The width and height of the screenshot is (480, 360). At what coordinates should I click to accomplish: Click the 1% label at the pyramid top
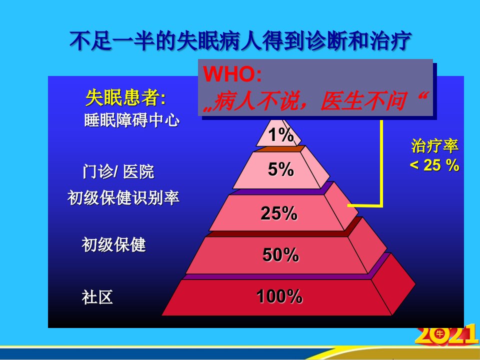click(x=281, y=135)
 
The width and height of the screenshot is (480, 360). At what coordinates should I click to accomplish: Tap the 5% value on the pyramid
click(x=280, y=169)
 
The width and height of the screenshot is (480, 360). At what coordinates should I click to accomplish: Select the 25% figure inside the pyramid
click(x=279, y=213)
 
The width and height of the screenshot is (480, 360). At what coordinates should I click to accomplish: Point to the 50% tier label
click(x=280, y=254)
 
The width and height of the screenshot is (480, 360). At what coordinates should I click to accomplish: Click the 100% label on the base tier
click(x=279, y=296)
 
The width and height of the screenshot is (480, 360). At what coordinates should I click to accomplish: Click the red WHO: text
click(x=232, y=74)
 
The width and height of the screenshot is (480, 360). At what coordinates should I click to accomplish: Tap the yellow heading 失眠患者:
click(x=125, y=97)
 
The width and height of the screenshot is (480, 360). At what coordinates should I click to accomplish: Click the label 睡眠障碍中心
click(x=131, y=120)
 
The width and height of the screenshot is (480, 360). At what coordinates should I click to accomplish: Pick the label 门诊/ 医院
click(x=118, y=171)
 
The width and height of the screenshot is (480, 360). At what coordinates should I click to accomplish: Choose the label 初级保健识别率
click(x=123, y=198)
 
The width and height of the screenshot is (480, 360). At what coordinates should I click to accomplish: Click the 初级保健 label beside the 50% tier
click(x=113, y=244)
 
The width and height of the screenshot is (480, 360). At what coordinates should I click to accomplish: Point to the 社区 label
click(x=97, y=297)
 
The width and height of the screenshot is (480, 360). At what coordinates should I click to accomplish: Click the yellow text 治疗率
click(x=434, y=145)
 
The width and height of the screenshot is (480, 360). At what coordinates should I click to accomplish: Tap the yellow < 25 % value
click(x=434, y=165)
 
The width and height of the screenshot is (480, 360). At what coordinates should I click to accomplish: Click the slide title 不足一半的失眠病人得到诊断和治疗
click(x=240, y=40)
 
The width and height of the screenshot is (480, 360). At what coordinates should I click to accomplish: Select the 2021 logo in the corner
click(x=447, y=335)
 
